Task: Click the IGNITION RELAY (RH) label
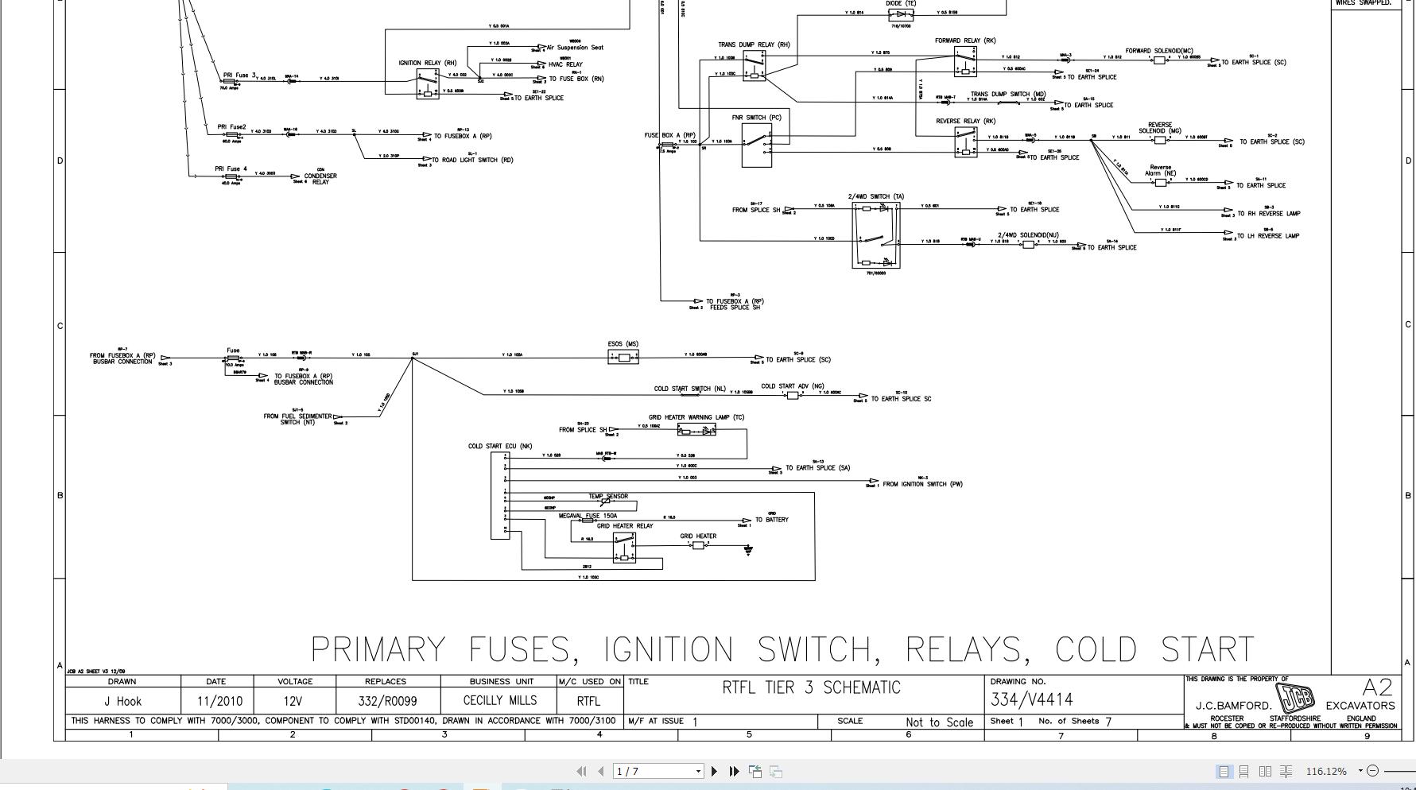click(427, 63)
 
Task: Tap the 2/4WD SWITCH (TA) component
click(875, 234)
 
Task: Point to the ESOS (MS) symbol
click(623, 358)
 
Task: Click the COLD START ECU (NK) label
click(499, 446)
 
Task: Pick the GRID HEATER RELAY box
click(624, 548)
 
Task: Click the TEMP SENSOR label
click(607, 496)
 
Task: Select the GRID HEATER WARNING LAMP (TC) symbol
click(696, 430)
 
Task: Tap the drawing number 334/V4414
click(1031, 699)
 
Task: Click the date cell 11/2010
click(216, 701)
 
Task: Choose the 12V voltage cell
click(294, 701)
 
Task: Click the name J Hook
click(122, 701)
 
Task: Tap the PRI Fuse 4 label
click(231, 168)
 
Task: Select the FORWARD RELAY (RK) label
click(964, 41)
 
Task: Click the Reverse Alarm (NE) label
click(1160, 170)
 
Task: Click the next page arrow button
click(714, 771)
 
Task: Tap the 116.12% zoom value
click(1325, 771)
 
